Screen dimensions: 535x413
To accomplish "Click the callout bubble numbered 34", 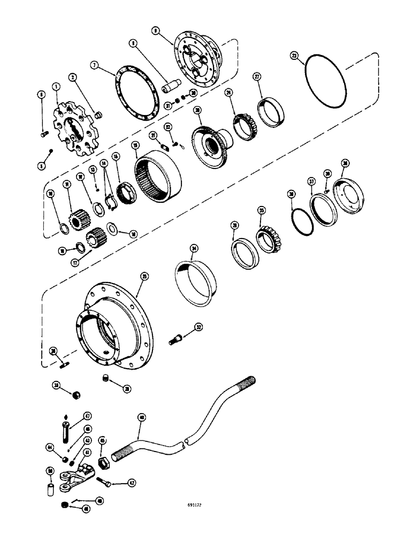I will (x=193, y=247).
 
